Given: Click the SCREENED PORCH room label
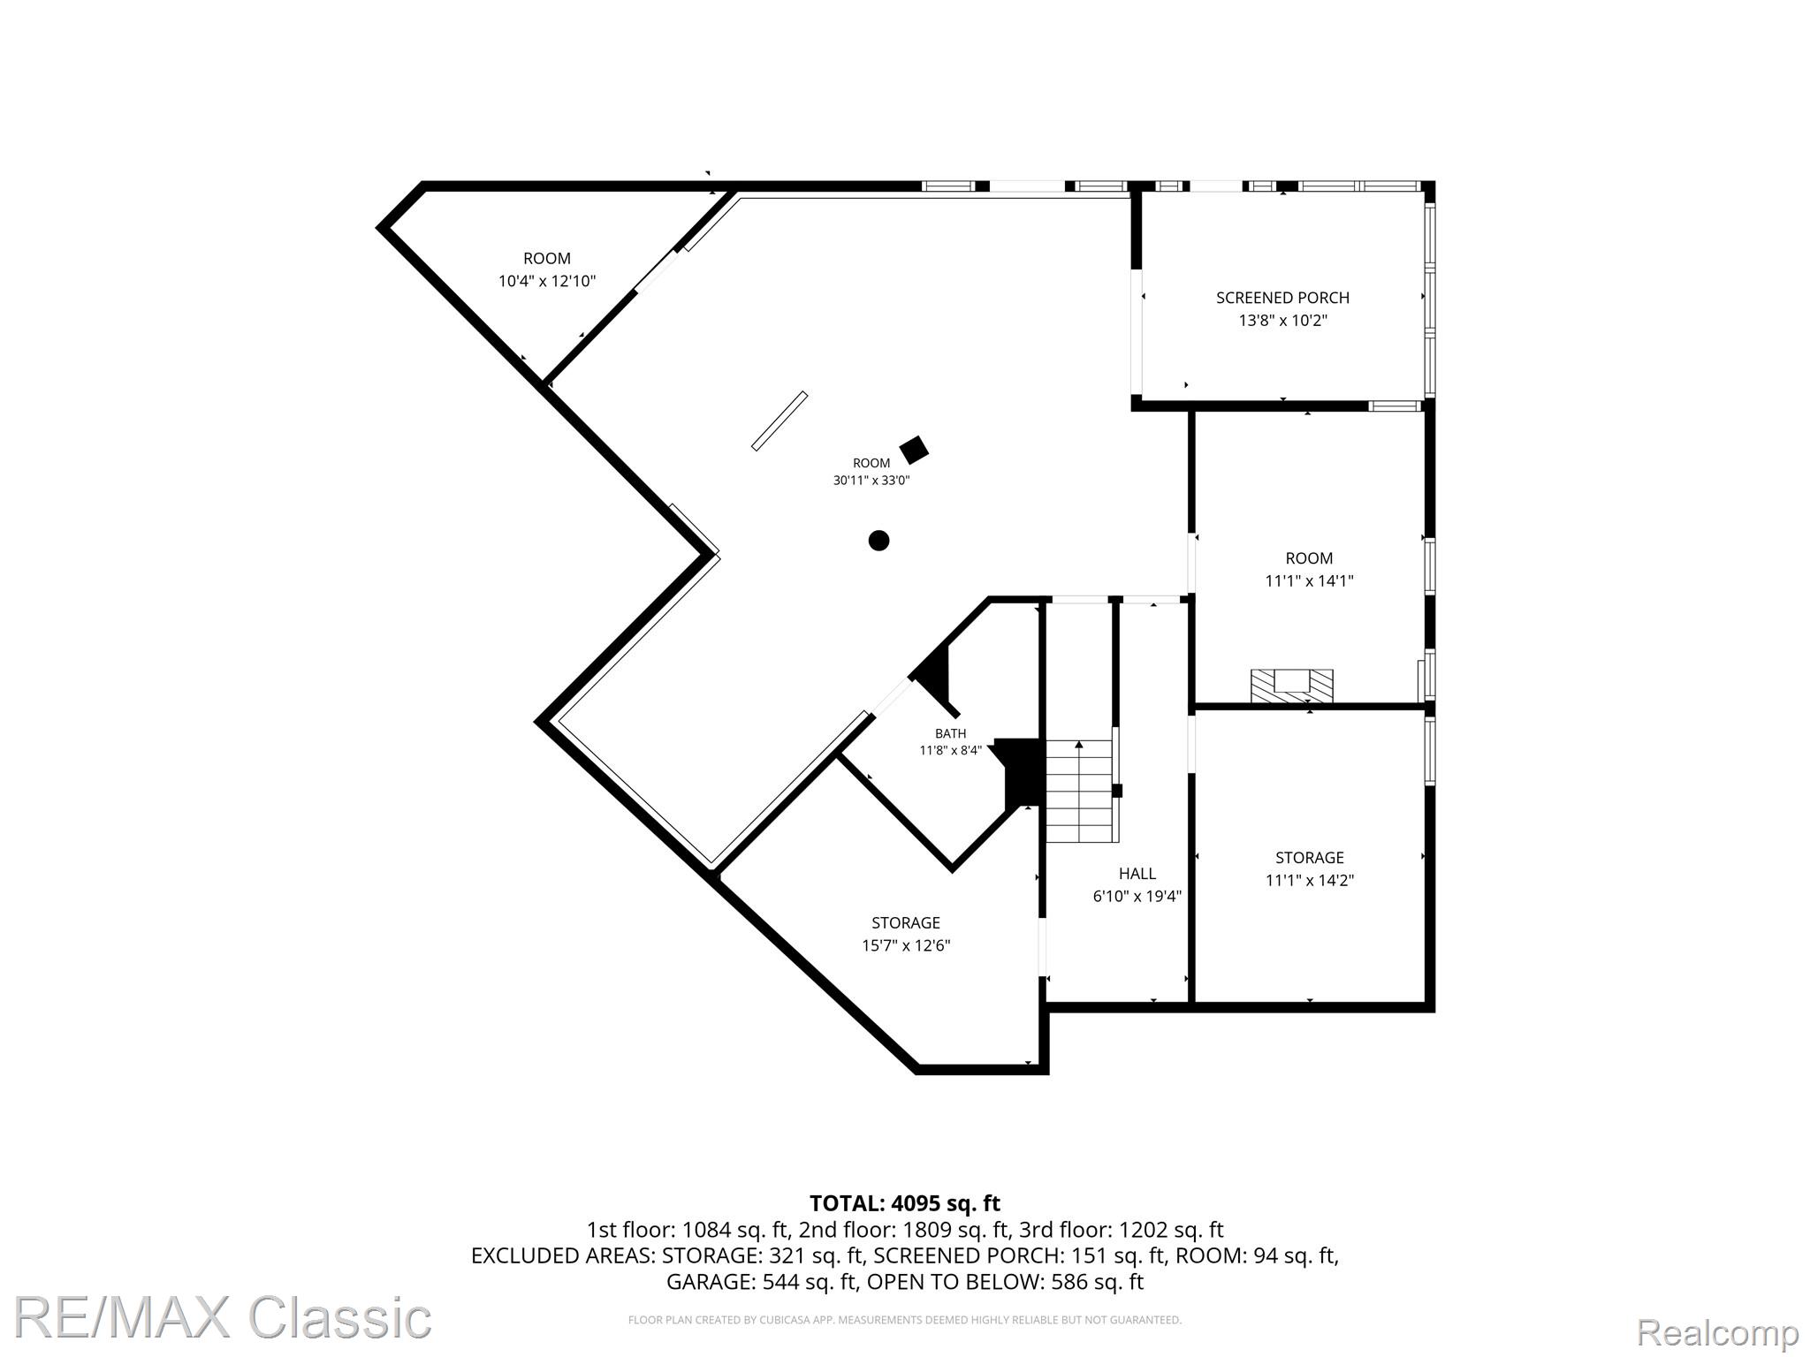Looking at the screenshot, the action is tap(1282, 298).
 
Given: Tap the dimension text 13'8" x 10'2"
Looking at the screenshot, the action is tap(1283, 321).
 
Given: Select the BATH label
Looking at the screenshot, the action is tap(951, 733).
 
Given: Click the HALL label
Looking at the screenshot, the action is tap(1137, 874).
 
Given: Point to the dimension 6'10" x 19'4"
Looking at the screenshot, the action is tap(1137, 896).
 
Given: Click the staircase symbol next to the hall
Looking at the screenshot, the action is tap(1079, 791).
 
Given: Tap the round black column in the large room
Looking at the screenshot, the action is tap(878, 541).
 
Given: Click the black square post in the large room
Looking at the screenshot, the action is tap(914, 450).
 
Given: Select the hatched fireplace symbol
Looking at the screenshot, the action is tap(1291, 685).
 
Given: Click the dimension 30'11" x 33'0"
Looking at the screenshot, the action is tap(871, 481).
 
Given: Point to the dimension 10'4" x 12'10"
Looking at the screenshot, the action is tap(547, 281).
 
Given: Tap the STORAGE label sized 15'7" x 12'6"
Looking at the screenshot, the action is tap(906, 923).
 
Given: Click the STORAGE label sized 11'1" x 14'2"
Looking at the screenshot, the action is tap(1310, 858).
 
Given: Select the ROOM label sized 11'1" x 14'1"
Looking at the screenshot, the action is tap(1309, 558).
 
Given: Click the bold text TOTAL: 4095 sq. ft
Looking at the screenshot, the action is tap(905, 1203).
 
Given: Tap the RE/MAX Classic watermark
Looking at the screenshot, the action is tap(222, 1317).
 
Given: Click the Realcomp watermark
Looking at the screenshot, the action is tap(1717, 1331).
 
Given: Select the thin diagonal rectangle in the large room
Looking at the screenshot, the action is tap(780, 421).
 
